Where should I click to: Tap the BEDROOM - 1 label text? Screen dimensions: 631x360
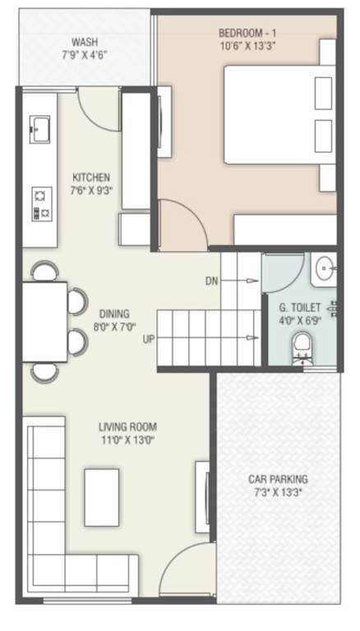(246, 32)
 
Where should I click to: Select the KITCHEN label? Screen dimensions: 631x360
(91, 177)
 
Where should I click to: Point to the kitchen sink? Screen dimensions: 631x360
(39, 127)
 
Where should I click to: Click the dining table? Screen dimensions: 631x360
(44, 321)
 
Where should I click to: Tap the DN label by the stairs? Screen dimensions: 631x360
(211, 281)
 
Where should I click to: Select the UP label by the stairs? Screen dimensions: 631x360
(149, 338)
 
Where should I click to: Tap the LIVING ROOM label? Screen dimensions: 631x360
(127, 427)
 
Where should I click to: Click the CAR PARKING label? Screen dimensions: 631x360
(278, 479)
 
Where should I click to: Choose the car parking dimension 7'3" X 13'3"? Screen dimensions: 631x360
(278, 492)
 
